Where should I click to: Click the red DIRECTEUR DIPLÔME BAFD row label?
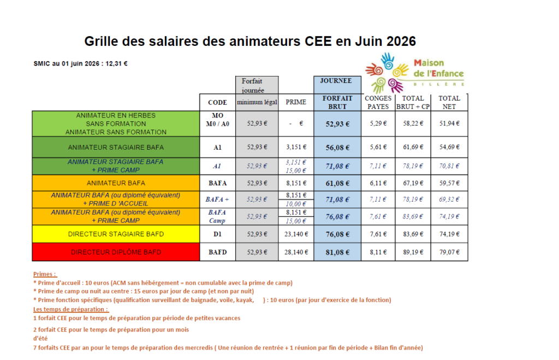point(116,252)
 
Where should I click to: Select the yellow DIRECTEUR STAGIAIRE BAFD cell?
point(116,234)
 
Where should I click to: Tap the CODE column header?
point(217,102)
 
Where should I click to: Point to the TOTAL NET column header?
point(449,102)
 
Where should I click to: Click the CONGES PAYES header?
point(378,102)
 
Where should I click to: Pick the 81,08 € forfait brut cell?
point(337,252)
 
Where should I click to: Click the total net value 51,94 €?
point(449,123)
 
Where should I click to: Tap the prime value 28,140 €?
point(296,252)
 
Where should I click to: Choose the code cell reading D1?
point(217,234)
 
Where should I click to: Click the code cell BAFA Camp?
point(217,216)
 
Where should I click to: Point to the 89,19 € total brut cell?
point(413,252)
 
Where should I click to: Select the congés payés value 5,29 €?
point(378,123)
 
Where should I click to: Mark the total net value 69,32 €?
point(449,199)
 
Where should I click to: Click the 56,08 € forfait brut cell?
point(337,147)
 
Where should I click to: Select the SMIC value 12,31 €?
point(116,64)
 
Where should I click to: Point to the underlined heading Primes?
point(45,274)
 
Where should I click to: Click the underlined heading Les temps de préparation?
point(71,309)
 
